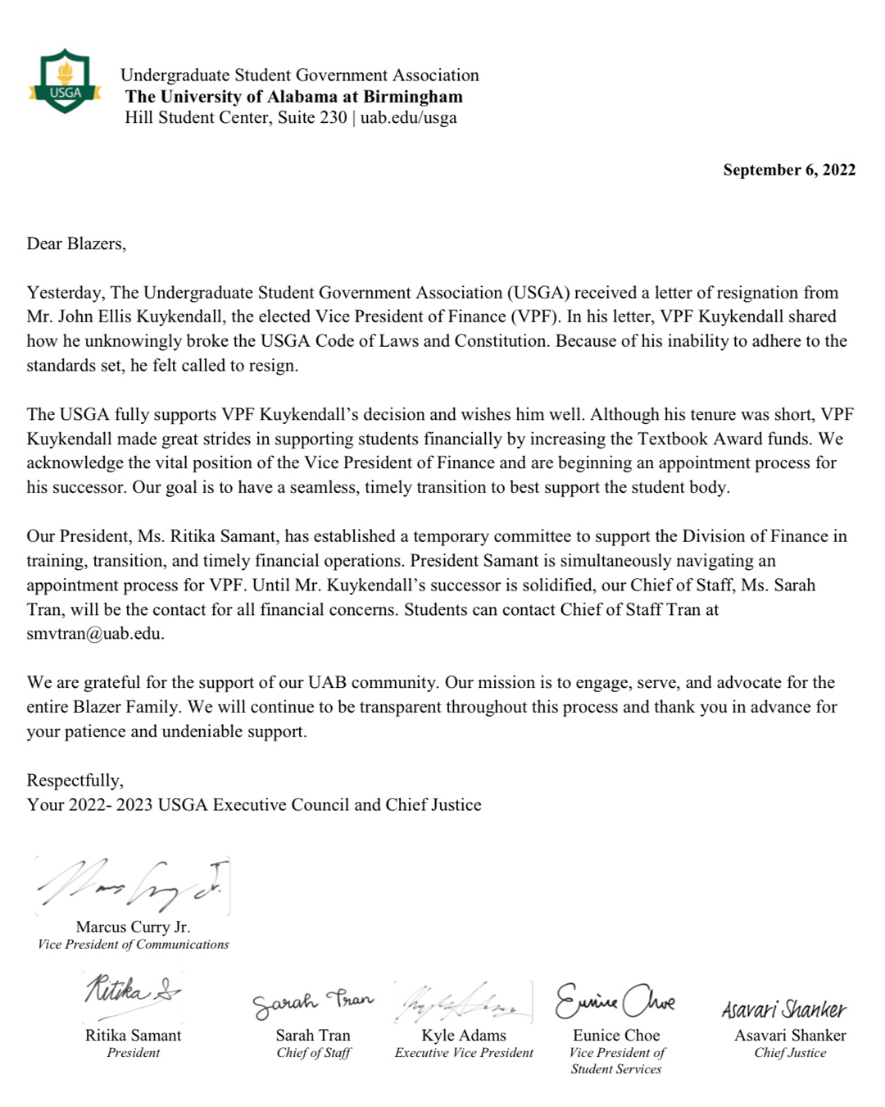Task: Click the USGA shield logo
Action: (65, 82)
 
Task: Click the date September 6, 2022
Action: (788, 170)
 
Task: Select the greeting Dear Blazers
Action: (76, 244)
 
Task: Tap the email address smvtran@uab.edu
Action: (94, 634)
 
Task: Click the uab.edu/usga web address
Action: (408, 117)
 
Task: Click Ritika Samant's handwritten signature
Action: (131, 991)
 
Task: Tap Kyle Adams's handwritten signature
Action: (463, 1002)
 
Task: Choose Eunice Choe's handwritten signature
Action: (615, 1000)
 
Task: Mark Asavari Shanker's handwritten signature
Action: (783, 1009)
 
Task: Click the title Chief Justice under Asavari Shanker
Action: (790, 1053)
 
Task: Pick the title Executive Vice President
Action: (464, 1053)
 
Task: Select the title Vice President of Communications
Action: (134, 945)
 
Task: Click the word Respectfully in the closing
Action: (75, 780)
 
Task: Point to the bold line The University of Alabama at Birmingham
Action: (293, 96)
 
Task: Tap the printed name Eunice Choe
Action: (616, 1035)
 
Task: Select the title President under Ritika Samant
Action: (133, 1053)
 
